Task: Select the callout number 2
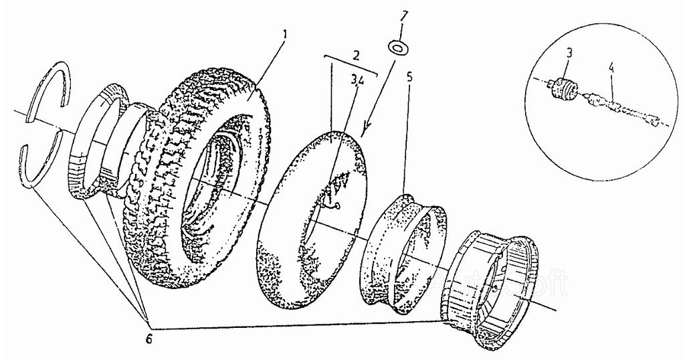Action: [x=357, y=53]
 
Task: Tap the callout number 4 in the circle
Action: [x=611, y=68]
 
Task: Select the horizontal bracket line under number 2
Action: [x=351, y=64]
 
